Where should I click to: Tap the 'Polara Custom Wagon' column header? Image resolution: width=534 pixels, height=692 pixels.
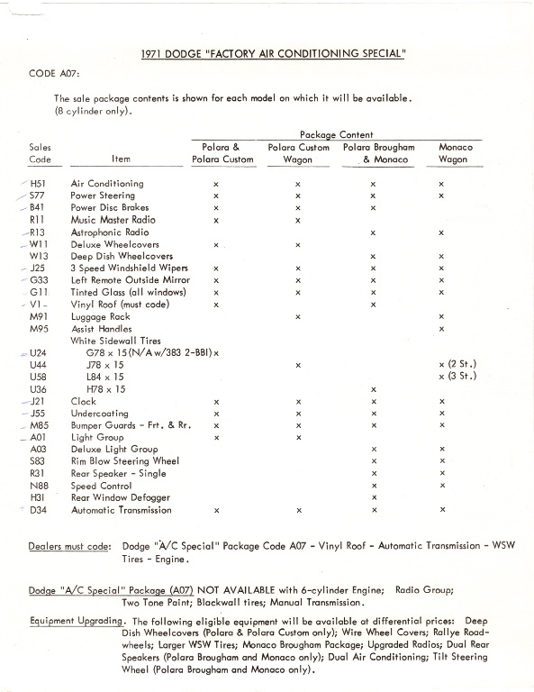pyautogui.click(x=298, y=153)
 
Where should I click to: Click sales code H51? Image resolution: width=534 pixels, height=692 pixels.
pyautogui.click(x=38, y=184)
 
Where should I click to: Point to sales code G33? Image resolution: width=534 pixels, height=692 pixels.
pyautogui.click(x=38, y=280)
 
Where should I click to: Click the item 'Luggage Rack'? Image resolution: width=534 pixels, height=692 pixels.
pyautogui.click(x=101, y=316)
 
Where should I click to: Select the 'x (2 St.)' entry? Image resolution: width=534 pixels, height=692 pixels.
pyautogui.click(x=456, y=364)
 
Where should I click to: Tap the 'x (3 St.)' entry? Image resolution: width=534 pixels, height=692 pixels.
pyautogui.click(x=456, y=376)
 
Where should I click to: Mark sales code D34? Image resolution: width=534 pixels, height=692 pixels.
pyautogui.click(x=38, y=510)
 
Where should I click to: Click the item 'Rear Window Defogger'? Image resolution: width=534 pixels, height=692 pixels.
pyautogui.click(x=118, y=497)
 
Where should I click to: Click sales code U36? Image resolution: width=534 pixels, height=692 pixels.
pyautogui.click(x=38, y=388)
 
